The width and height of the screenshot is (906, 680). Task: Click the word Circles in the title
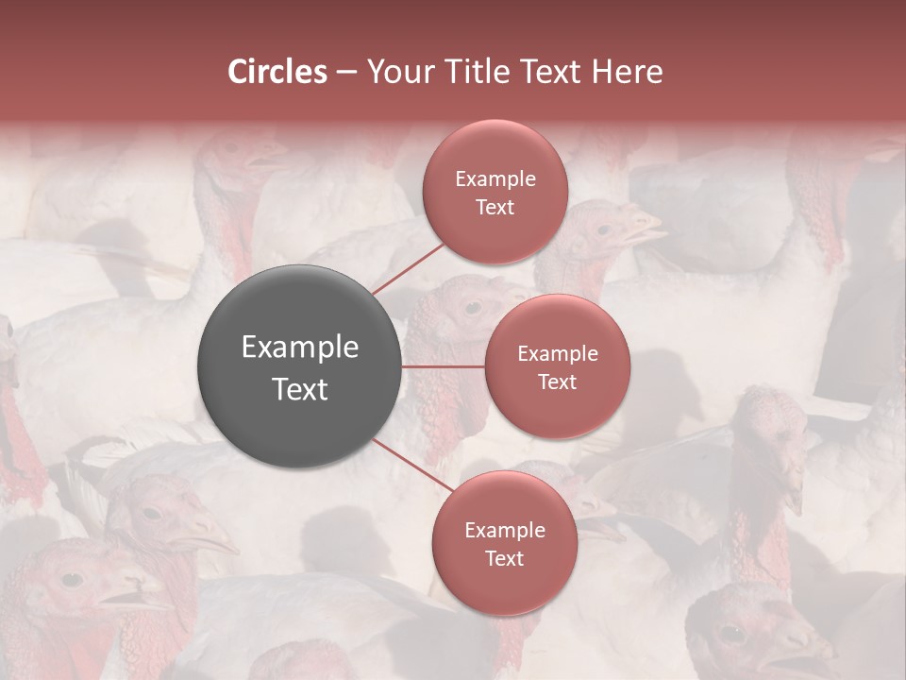click(x=277, y=72)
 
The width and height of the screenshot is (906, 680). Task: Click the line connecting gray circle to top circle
click(x=408, y=267)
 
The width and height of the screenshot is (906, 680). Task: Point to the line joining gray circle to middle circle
click(x=444, y=366)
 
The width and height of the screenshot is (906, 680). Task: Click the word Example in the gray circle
click(x=300, y=348)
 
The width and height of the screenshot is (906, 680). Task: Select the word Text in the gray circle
click(x=300, y=389)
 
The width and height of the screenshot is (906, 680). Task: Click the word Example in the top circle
click(x=495, y=179)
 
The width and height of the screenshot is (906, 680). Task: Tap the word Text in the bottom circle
click(x=504, y=558)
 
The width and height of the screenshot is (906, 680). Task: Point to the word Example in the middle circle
click(x=557, y=354)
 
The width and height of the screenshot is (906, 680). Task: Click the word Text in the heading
click(x=547, y=72)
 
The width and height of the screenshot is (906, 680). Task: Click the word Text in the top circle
click(x=495, y=207)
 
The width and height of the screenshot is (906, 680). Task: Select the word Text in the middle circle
click(x=557, y=382)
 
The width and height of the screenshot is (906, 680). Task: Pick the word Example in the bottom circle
click(x=504, y=531)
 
